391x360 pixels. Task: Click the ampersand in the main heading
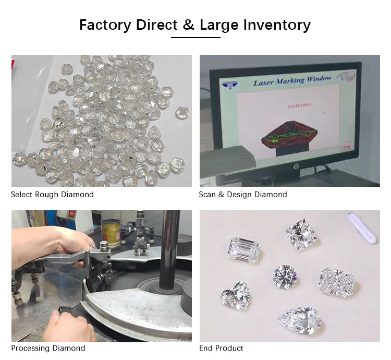tap(189, 25)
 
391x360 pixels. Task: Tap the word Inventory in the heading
tap(277, 26)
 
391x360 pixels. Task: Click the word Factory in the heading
tap(105, 26)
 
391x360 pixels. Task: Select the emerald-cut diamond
tap(244, 250)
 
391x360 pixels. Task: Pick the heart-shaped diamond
tap(236, 295)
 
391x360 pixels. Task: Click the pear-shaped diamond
tap(299, 320)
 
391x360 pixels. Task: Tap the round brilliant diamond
tap(285, 277)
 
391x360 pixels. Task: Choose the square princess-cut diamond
tap(302, 234)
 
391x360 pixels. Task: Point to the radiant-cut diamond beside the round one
tap(337, 282)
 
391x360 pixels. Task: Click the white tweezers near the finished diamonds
tap(362, 228)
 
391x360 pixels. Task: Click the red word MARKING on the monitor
tap(299, 106)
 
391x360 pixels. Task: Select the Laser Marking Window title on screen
tap(292, 80)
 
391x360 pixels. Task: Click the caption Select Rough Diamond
tap(52, 195)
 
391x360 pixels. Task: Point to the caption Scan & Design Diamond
tap(243, 195)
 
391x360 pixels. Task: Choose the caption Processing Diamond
tap(48, 348)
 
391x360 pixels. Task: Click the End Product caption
tap(221, 348)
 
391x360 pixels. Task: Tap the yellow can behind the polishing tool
tap(111, 233)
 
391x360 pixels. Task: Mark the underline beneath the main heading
tap(195, 38)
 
